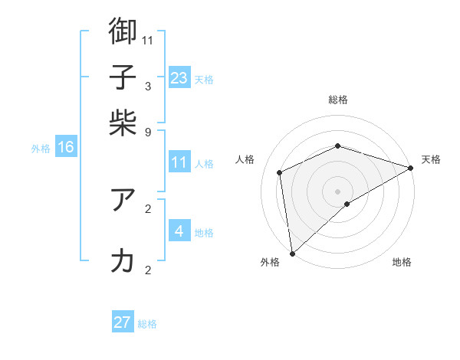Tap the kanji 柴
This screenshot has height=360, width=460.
(x=123, y=123)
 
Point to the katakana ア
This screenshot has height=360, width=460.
(x=123, y=199)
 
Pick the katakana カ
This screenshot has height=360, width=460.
(x=123, y=260)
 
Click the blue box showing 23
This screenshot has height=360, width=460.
(x=179, y=78)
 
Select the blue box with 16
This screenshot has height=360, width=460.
(x=66, y=148)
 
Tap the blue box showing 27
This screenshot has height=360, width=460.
(x=123, y=322)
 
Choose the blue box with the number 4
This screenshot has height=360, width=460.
(x=179, y=231)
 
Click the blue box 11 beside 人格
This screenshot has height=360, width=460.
(x=179, y=162)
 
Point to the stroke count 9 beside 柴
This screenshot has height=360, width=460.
(x=148, y=132)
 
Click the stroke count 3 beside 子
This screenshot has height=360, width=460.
(x=148, y=86)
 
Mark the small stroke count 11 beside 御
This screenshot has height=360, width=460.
(x=148, y=40)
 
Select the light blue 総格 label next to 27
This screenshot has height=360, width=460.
(x=147, y=324)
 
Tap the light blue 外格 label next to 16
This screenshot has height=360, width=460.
(x=41, y=149)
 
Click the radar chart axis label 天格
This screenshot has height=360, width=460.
(x=431, y=159)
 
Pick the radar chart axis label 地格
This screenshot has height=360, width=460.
(x=402, y=263)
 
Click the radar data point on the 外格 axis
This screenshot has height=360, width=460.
(x=292, y=253)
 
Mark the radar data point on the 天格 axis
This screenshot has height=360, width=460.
(x=411, y=168)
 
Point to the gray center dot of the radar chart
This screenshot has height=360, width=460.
(x=337, y=191)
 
